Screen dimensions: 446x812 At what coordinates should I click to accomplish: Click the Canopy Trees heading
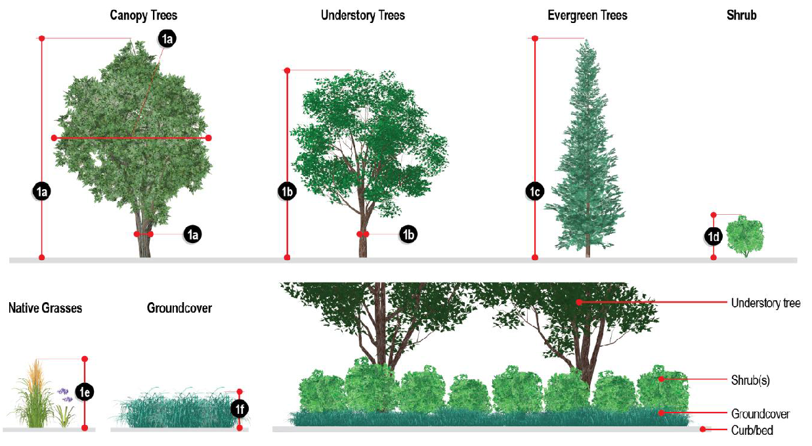[x=143, y=15]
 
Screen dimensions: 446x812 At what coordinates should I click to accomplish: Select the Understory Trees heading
[x=362, y=15]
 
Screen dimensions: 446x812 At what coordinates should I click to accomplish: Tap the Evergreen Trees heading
[x=587, y=15]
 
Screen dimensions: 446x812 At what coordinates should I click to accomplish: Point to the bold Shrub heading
[x=742, y=15]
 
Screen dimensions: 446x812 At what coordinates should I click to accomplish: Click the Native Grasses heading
[x=45, y=307]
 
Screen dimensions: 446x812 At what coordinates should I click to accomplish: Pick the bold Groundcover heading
[x=179, y=307]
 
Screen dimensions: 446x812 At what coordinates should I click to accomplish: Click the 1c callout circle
[x=534, y=192]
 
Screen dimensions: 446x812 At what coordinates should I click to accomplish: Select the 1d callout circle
[x=714, y=235]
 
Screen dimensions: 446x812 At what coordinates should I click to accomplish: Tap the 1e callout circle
[x=84, y=392]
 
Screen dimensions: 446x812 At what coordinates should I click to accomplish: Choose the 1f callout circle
[x=240, y=410]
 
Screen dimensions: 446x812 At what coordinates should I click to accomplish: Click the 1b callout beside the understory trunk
[x=408, y=234]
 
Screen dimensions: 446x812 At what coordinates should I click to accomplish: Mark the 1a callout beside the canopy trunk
[x=192, y=234]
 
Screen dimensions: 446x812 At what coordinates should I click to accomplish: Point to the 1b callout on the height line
[x=286, y=192]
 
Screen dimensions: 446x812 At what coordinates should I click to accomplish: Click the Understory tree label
[x=765, y=303]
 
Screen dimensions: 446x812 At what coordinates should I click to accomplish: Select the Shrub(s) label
[x=750, y=380]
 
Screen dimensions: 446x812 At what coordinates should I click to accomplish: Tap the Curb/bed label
[x=752, y=431]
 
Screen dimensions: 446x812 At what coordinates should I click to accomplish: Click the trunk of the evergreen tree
[x=588, y=250]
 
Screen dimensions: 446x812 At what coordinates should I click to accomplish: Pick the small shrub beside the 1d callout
[x=746, y=236]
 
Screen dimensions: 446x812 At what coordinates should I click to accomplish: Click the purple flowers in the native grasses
[x=65, y=394]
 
